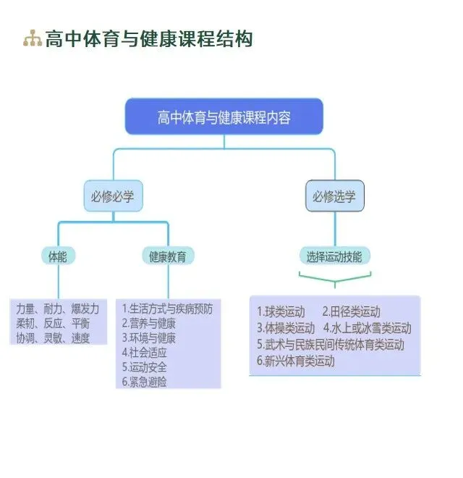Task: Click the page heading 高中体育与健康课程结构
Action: (x=149, y=39)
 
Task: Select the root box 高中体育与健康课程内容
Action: (x=224, y=117)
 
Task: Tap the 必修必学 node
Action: (x=113, y=196)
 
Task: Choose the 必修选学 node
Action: (x=334, y=196)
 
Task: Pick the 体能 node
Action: (x=58, y=256)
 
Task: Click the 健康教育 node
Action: (x=168, y=256)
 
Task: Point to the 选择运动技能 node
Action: (x=334, y=256)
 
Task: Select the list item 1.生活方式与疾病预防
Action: (x=168, y=309)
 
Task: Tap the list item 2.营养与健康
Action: (x=149, y=323)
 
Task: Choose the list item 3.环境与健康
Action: (x=149, y=337)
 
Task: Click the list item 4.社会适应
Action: (x=145, y=352)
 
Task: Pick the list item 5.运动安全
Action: (x=145, y=366)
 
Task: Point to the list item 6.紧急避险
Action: (x=145, y=381)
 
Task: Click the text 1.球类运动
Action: (x=281, y=311)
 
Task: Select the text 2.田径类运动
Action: (x=351, y=311)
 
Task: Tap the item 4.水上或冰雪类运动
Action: (x=368, y=328)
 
